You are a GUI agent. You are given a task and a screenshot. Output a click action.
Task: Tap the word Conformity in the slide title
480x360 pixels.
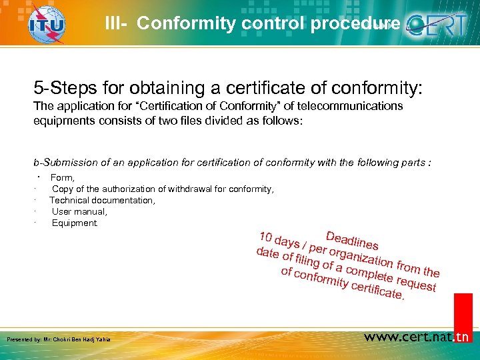(177, 24)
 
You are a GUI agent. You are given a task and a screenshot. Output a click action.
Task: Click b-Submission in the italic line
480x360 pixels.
(63, 162)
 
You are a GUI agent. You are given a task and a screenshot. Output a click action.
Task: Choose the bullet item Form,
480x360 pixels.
(63, 178)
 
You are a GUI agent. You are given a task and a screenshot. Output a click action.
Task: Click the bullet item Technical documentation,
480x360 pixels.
(102, 200)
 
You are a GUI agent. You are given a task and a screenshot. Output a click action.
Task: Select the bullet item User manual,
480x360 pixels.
(79, 211)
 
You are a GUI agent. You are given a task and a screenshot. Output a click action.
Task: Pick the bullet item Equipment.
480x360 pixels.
(75, 223)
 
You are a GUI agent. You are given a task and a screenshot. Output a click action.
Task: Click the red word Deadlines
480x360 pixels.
(353, 241)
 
